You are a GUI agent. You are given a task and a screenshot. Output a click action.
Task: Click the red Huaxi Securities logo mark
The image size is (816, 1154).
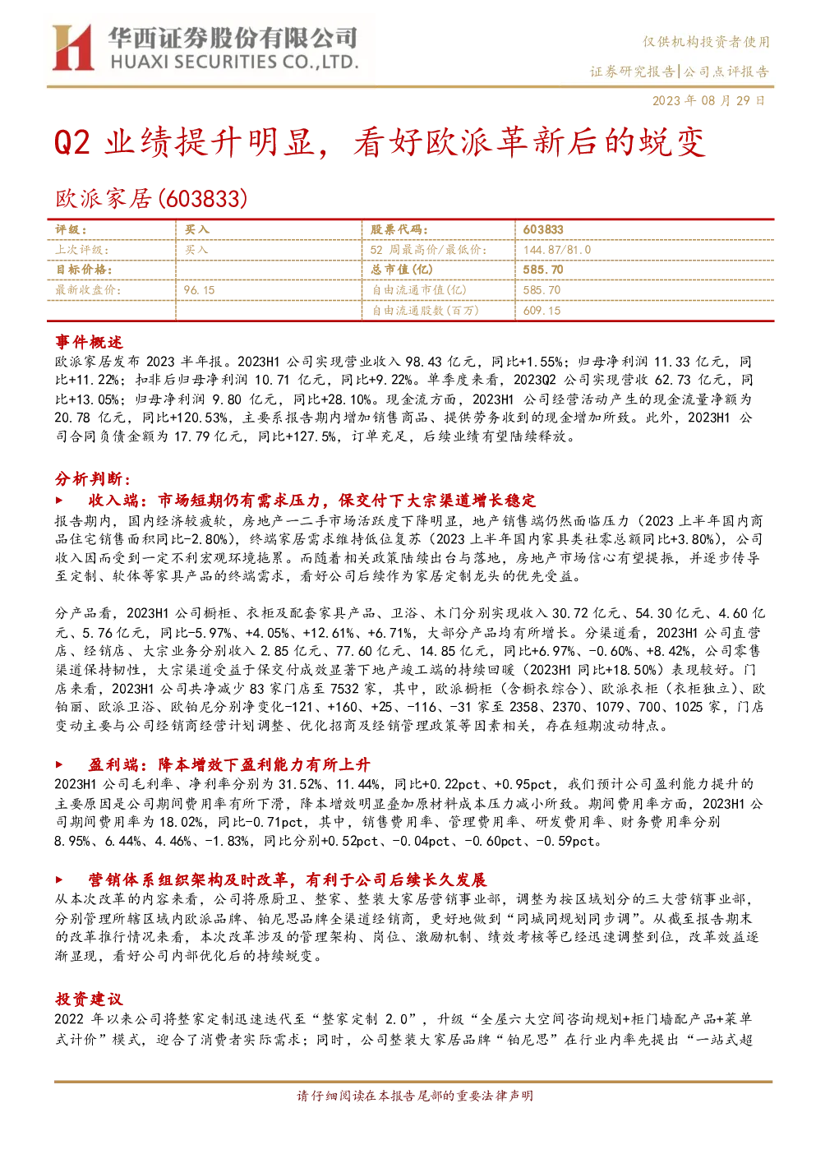(x=73, y=47)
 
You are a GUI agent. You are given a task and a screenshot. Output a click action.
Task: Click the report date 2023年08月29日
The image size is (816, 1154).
(x=708, y=100)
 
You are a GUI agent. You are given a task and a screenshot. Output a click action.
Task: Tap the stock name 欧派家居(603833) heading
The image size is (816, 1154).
(x=151, y=198)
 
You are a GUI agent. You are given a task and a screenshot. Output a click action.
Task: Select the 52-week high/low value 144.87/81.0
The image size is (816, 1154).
(x=557, y=250)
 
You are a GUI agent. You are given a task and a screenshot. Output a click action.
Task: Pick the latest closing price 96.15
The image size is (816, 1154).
(x=199, y=290)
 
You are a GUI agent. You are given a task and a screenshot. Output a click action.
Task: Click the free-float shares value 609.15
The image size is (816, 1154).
(x=542, y=311)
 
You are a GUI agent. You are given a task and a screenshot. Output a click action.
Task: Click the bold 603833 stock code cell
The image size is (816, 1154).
(x=543, y=230)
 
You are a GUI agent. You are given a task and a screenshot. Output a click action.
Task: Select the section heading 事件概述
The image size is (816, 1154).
(x=89, y=342)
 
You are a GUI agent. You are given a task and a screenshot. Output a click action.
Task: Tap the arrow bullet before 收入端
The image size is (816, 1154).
(x=59, y=500)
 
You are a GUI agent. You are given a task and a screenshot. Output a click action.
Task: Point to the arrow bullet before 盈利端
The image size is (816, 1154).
(x=59, y=764)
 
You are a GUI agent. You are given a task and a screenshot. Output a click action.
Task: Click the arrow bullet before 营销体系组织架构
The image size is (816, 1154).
(x=59, y=879)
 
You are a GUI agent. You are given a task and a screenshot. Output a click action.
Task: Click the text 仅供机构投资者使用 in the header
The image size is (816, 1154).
(x=706, y=42)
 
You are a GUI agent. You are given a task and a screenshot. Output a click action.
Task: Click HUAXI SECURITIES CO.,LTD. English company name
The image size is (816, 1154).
(x=235, y=62)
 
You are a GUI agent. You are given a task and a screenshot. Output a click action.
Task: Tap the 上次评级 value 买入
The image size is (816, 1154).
(x=196, y=250)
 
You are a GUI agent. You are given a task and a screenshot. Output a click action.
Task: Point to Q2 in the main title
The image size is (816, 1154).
(x=72, y=142)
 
